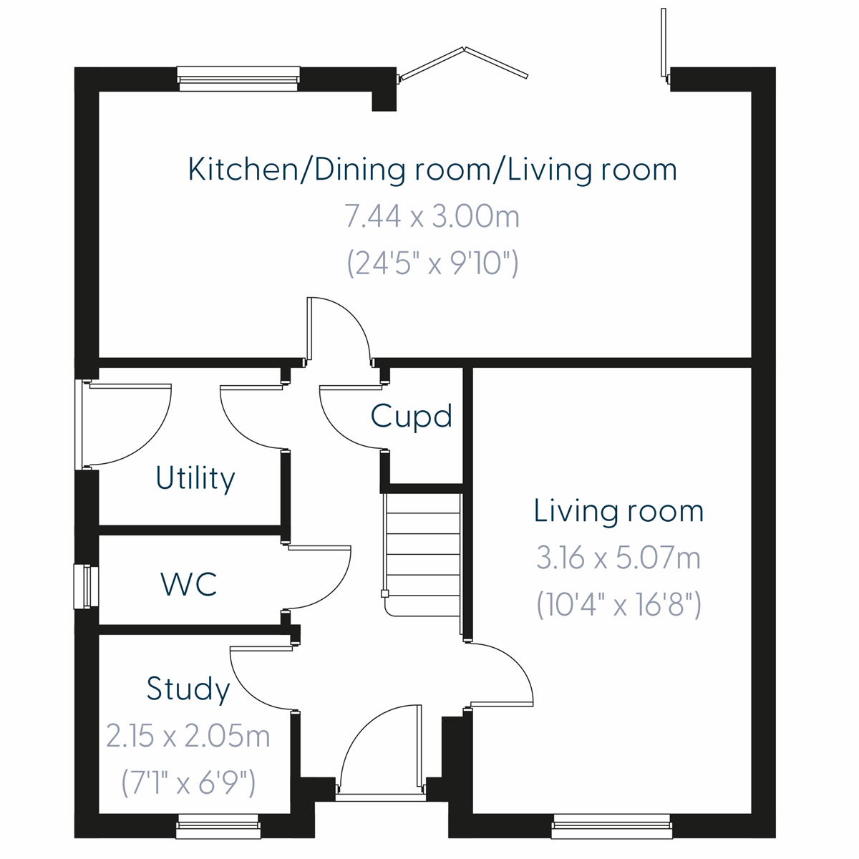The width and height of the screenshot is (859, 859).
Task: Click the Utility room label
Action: tap(195, 478)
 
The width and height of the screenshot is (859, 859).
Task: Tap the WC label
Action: tap(189, 585)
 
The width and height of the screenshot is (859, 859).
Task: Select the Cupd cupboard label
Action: tap(412, 416)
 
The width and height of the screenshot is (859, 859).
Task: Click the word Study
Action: tap(188, 689)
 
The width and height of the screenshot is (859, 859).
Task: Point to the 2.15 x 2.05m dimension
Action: tap(188, 736)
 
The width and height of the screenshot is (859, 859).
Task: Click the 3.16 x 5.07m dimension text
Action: tap(618, 558)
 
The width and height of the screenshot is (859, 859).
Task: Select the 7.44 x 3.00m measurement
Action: tap(432, 215)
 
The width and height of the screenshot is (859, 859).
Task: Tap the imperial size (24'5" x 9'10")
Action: tap(432, 263)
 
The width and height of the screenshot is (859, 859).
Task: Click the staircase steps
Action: tap(422, 555)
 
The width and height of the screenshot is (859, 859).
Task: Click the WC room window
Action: tap(86, 587)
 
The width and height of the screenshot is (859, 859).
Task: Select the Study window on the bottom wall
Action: tap(218, 826)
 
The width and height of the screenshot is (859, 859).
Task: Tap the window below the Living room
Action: tap(612, 826)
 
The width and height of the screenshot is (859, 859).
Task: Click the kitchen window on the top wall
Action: tap(238, 78)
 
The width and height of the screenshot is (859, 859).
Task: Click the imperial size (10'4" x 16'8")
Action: tap(618, 606)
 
